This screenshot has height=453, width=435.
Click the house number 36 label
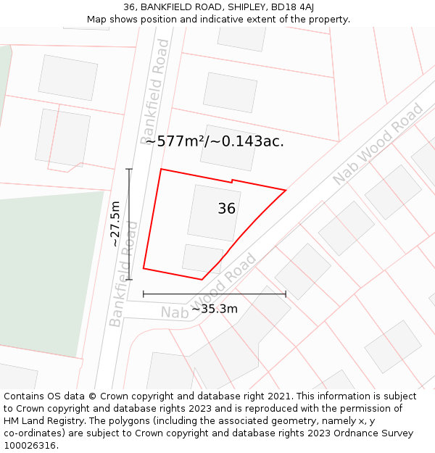click(226, 209)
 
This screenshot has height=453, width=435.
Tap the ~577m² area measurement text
click(175, 141)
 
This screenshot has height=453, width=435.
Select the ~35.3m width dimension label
click(214, 309)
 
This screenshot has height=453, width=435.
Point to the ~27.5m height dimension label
click(115, 224)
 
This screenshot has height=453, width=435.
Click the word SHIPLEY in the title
click(246, 7)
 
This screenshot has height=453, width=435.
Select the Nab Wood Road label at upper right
click(378, 144)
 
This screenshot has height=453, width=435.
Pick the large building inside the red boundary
click(214, 212)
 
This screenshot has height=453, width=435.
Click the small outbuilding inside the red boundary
click(202, 259)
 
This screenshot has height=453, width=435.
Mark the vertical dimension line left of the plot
click(129, 224)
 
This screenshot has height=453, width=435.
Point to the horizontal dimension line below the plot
click(215, 294)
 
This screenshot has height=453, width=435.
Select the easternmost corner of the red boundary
click(286, 191)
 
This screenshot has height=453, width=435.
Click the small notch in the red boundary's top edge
click(232, 180)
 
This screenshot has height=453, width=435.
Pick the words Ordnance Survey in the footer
click(374, 433)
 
